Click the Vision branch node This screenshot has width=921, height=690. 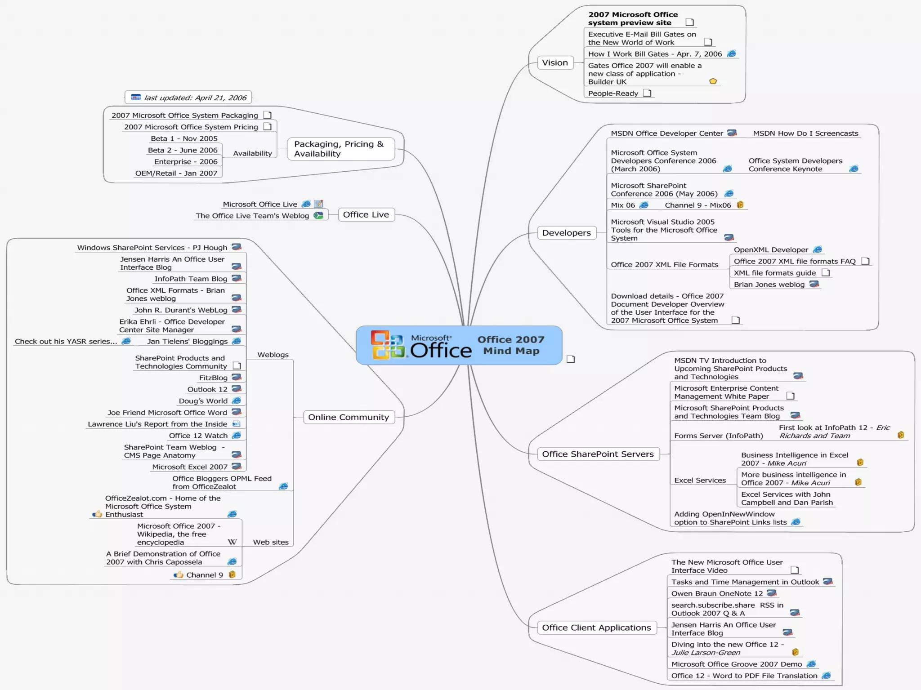[555, 63]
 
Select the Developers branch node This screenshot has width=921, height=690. [566, 233]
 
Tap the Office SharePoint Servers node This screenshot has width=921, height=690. [598, 454]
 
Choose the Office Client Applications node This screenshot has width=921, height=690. [596, 628]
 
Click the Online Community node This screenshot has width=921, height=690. [349, 417]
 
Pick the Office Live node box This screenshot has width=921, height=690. [366, 215]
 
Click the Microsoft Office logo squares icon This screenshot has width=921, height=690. [387, 345]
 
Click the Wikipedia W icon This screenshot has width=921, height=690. [232, 542]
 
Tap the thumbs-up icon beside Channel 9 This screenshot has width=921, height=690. [179, 574]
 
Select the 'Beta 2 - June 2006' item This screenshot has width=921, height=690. [183, 150]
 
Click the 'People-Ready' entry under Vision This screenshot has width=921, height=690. [613, 93]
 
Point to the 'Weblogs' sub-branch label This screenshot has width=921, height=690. [273, 355]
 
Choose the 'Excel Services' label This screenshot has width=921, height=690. [700, 480]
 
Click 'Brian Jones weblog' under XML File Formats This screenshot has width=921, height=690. [769, 285]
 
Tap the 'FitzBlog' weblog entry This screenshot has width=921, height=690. [213, 378]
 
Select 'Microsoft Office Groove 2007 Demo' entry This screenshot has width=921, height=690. [737, 664]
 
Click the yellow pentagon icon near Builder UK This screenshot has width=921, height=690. [713, 81]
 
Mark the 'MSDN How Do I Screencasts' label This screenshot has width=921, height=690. [805, 134]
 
